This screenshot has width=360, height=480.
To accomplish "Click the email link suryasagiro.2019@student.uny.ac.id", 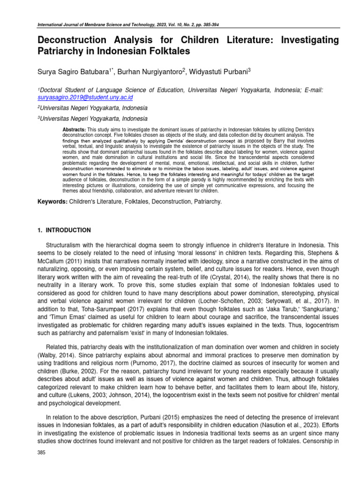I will point(85,97).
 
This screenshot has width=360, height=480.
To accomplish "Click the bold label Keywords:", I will point(52,202).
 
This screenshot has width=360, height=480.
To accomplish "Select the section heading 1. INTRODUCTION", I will point(64,230).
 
